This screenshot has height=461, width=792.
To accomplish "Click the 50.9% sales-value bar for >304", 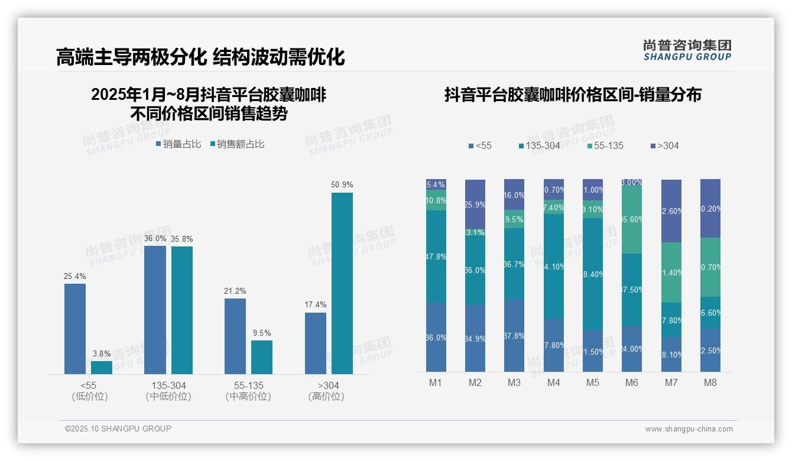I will (342, 283).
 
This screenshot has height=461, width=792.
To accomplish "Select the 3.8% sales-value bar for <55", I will (102, 367).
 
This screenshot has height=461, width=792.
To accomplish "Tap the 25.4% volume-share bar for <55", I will (75, 329).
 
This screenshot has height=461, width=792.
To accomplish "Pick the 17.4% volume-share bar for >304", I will (316, 343).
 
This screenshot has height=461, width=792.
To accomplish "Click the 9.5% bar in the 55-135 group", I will (262, 357).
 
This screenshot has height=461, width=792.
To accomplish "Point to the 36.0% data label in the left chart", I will (155, 238).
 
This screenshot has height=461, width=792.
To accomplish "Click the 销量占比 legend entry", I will (178, 144).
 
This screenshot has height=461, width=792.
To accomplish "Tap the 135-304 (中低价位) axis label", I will (168, 391).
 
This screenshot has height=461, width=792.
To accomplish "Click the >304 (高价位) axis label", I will (326, 391).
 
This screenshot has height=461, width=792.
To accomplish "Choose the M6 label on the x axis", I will (631, 382).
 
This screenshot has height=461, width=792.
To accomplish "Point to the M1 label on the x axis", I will (436, 382).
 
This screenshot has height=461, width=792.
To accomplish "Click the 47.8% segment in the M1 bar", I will (436, 257).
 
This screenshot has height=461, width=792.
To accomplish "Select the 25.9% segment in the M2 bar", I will (475, 204).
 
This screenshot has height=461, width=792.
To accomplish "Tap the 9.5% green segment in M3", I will (514, 219).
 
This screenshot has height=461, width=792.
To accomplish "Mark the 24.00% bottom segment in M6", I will (632, 349).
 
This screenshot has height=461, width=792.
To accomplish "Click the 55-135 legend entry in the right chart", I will (605, 146).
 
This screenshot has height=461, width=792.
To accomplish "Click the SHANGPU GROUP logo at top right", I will (687, 50).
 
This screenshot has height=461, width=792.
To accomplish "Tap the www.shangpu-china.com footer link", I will (689, 429).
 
